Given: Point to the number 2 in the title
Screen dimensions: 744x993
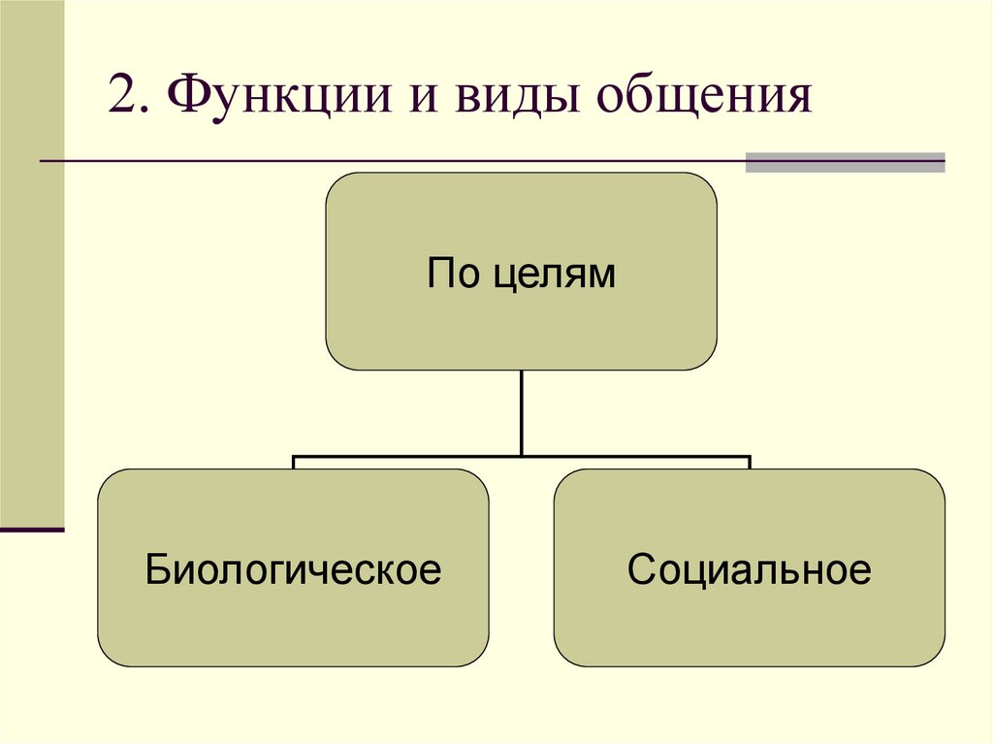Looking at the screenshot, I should [x=123, y=97].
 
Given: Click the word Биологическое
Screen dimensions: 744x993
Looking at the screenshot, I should [x=293, y=569].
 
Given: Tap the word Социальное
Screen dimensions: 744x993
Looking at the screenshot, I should [x=749, y=569].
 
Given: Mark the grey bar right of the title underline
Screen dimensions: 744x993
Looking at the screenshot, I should [x=845, y=162].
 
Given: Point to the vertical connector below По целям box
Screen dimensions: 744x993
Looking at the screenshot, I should [x=522, y=412].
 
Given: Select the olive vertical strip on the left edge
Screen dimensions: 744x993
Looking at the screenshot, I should [x=32, y=262].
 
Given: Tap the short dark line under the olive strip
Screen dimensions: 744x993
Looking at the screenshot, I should [x=32, y=530].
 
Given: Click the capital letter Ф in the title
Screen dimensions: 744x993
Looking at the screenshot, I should [x=184, y=97].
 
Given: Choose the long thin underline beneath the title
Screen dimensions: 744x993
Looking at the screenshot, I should [x=388, y=160].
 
